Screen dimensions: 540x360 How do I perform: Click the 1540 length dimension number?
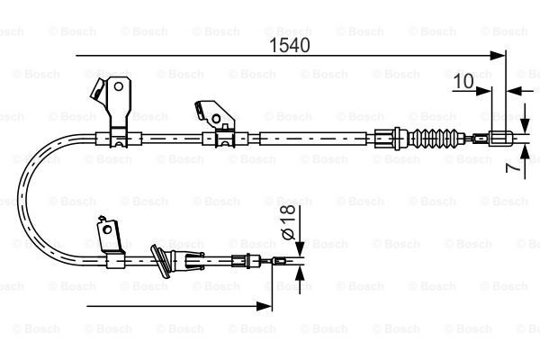point(289,45)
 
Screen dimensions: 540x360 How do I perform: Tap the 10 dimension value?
point(463,82)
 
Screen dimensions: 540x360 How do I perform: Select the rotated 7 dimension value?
point(513,167)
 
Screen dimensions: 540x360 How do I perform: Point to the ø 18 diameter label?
point(289,222)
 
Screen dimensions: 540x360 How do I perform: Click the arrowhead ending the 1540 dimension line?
point(498,56)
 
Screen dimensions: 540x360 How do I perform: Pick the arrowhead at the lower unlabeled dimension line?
point(265,306)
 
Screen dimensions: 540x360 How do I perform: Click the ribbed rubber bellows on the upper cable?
point(436,139)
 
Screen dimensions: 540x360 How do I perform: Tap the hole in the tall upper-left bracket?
point(119,86)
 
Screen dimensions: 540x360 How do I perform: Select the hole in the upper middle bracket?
point(216,119)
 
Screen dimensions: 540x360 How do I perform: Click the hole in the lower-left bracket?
point(108,229)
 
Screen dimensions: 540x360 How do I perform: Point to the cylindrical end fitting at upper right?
point(498,139)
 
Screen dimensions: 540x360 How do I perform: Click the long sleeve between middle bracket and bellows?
point(312,139)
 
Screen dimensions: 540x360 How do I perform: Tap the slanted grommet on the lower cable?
point(160,261)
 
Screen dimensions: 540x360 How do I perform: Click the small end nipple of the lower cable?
point(279,261)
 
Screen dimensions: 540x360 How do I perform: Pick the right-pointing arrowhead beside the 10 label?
point(484,91)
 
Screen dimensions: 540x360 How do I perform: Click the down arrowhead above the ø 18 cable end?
point(300,248)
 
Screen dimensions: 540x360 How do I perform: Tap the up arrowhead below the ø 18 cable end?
point(300,274)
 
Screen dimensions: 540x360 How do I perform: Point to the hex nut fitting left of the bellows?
point(387,139)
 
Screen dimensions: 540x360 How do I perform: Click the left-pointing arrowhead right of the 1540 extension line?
point(514,91)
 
